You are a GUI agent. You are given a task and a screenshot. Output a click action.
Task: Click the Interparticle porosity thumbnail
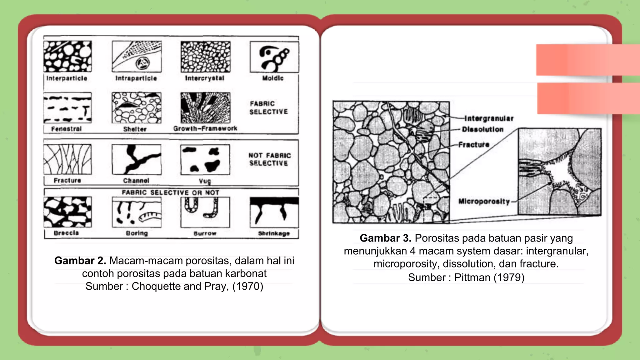tap(67, 57)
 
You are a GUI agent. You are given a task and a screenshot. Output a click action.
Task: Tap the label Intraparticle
tap(136, 78)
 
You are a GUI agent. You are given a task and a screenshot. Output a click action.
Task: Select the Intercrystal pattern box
tap(205, 57)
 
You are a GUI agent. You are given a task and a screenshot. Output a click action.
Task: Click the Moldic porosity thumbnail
tap(274, 57)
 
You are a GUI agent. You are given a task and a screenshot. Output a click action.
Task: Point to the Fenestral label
tap(66, 129)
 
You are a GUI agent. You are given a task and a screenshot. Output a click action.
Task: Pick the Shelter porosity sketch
tap(137, 108)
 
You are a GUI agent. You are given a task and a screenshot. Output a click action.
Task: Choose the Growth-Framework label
tap(205, 128)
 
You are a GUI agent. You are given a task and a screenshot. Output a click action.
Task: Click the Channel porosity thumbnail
tap(137, 159)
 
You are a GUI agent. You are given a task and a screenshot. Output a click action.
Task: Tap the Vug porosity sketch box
tap(205, 159)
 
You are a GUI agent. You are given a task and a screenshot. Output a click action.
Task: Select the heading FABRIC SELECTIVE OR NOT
tap(171, 192)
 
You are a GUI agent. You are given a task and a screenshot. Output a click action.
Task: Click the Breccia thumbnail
tap(67, 212)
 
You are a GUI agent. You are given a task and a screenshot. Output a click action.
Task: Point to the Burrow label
tap(205, 233)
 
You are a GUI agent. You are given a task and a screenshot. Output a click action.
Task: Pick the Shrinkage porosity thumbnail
tap(274, 212)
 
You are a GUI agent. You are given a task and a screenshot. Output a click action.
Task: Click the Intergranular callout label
tap(489, 118)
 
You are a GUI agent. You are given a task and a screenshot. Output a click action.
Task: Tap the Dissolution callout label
tap(483, 129)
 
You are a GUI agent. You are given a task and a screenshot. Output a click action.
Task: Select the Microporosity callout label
tap(484, 201)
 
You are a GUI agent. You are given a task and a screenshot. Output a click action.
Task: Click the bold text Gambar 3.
tap(385, 238)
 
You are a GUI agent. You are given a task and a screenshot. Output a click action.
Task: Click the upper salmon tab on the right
tap(587, 60)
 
